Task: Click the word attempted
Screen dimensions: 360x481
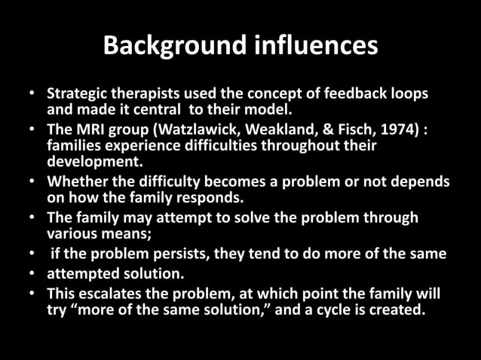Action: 81,273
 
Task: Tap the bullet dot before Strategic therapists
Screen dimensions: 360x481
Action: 32,94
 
